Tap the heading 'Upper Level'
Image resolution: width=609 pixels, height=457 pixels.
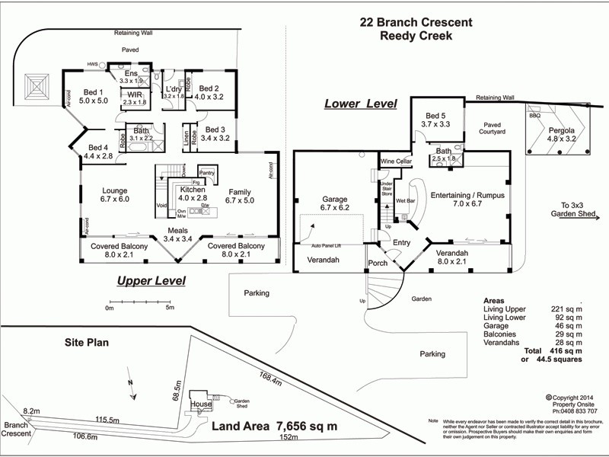151,281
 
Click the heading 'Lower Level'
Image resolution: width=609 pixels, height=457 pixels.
360,104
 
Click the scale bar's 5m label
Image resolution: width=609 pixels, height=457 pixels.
170,308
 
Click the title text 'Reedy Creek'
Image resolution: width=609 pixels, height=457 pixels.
416,35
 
